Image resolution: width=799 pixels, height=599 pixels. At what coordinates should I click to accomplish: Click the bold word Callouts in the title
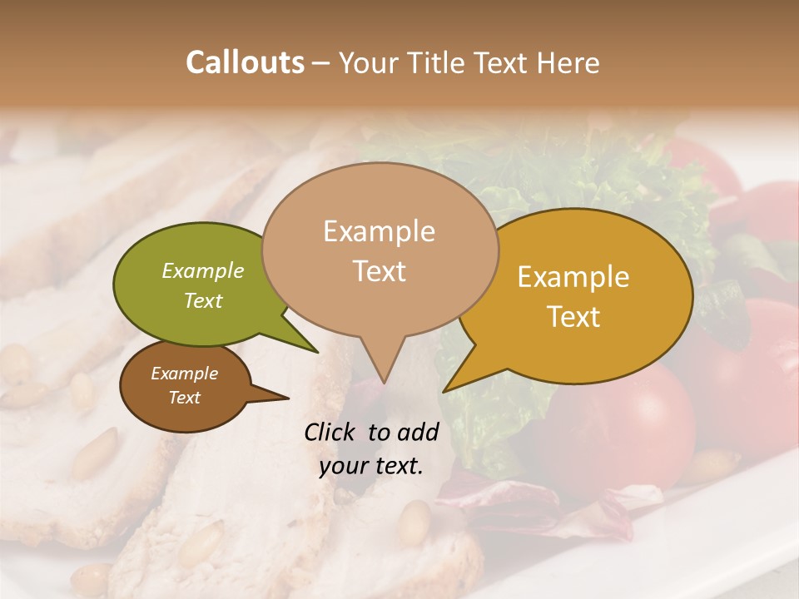[x=245, y=62]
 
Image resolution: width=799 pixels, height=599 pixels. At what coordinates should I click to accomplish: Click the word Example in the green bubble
[x=203, y=270]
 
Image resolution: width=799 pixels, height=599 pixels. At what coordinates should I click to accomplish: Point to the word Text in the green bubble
[x=203, y=300]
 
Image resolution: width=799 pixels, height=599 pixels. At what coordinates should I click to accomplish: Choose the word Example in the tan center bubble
[x=379, y=231]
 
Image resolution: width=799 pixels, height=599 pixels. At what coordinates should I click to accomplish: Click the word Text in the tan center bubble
[x=379, y=270]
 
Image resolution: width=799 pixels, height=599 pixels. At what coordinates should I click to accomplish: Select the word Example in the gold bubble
[x=573, y=277]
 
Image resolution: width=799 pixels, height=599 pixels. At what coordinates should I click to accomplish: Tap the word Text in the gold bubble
[x=573, y=316]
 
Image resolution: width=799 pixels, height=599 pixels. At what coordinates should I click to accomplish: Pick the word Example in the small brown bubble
[x=184, y=374]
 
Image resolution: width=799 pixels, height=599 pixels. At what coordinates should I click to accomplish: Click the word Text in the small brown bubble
[x=184, y=398]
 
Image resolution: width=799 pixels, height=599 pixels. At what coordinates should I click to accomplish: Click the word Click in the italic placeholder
[x=332, y=432]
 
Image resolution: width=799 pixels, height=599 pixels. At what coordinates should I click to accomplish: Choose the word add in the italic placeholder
[x=418, y=432]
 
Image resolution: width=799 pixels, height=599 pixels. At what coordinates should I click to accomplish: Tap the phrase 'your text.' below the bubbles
[x=371, y=466]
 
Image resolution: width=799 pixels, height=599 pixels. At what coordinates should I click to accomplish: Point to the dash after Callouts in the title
[x=321, y=62]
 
